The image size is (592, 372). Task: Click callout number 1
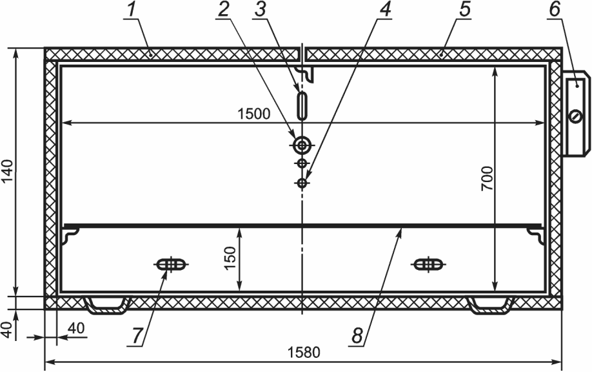click(x=131, y=10)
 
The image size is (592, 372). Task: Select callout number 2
click(x=224, y=10)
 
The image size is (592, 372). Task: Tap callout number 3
click(x=260, y=10)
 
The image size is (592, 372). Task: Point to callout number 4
click(x=384, y=10)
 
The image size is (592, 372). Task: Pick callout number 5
click(x=465, y=10)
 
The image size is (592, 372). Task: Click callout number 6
click(x=554, y=10)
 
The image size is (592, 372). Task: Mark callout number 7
click(x=137, y=335)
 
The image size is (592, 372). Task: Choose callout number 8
click(x=357, y=335)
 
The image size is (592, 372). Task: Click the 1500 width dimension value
click(x=253, y=114)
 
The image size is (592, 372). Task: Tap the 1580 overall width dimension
click(x=304, y=353)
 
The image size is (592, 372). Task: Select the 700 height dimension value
click(x=488, y=178)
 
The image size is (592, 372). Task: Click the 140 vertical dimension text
click(x=8, y=171)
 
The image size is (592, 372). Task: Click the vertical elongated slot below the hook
click(x=302, y=106)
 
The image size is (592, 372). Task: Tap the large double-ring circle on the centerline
click(x=302, y=145)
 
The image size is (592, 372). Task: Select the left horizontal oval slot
click(x=172, y=264)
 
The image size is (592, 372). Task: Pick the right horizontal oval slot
click(x=428, y=264)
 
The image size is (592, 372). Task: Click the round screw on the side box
click(x=576, y=116)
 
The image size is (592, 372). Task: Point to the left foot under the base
click(x=106, y=305)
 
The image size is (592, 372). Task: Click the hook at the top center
click(x=306, y=74)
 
